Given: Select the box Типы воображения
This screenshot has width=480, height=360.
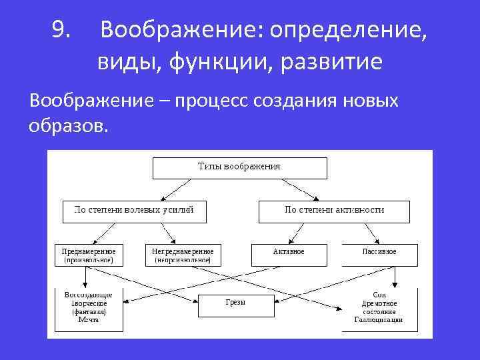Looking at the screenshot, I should point(239,167).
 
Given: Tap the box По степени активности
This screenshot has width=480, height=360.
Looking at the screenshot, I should point(333,211).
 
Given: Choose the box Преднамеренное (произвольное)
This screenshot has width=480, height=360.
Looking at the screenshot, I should point(89,255).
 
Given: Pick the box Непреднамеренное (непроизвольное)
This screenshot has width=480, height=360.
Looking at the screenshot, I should point(183,255).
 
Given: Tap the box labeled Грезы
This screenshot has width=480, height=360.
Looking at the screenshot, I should point(235,303).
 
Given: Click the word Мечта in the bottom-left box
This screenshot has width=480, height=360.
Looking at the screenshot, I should point(88,320).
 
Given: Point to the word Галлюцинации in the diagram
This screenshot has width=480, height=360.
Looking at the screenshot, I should point(379,320).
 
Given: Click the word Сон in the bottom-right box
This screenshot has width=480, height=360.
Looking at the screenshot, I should point(379,294).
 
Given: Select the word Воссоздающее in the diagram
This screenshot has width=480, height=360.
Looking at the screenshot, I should point(89,294).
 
